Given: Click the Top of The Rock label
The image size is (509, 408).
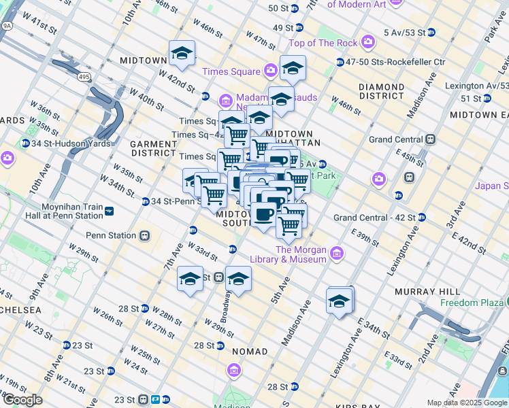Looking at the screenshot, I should point(323,44).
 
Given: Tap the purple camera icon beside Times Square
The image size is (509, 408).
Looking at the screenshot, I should point(271,71).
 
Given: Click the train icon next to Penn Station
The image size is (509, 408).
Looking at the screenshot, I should point(144,236).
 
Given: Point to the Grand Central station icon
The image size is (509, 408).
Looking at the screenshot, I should point(430,139).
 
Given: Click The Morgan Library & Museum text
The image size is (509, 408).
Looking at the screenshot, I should point(301,254).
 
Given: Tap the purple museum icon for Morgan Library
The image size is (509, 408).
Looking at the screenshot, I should point(337,255).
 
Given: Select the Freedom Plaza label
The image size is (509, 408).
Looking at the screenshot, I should point(469,303).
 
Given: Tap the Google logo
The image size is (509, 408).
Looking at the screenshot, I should point(22,400).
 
